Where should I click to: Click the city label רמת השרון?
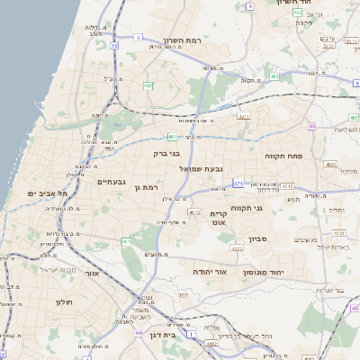click(182, 40)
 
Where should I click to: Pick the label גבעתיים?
click(111, 182)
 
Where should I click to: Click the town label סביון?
click(259, 239)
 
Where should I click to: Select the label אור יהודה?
click(210, 270)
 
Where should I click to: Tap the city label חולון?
click(64, 302)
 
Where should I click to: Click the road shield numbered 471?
click(238, 184)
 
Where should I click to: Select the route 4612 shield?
click(194, 212)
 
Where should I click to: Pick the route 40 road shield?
click(311, 126)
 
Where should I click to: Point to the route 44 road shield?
click(138, 334)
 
